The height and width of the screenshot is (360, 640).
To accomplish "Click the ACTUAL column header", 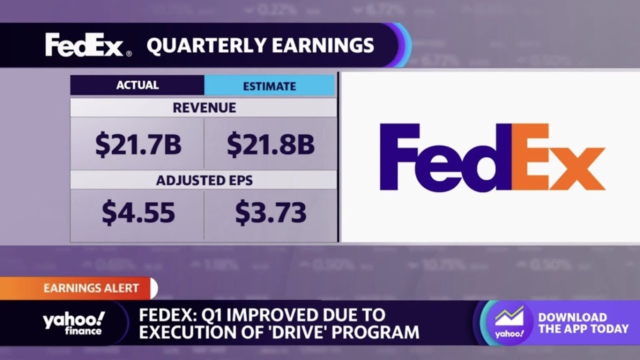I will click(137, 85).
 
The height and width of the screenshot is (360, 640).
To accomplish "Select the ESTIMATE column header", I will click(269, 86).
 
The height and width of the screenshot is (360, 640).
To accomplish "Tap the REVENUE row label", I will click(204, 107).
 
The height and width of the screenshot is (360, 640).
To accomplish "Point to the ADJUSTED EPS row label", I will click(204, 180).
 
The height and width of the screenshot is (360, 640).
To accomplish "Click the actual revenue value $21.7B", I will click(137, 144).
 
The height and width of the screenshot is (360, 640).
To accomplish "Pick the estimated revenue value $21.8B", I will click(270, 144).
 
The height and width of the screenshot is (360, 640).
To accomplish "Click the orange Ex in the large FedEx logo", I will click(557, 157).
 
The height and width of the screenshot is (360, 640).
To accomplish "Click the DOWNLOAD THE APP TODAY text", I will click(583, 323).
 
